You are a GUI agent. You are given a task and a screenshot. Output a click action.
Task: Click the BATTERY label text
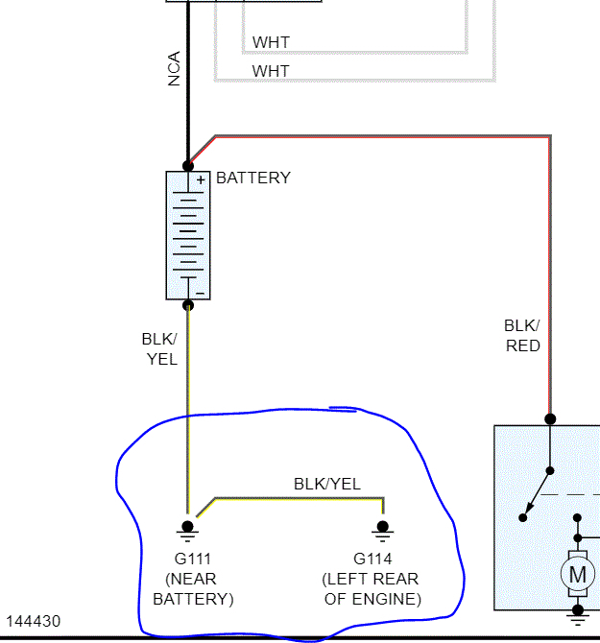(x=252, y=179)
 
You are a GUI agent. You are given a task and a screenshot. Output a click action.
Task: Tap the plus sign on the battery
(x=201, y=179)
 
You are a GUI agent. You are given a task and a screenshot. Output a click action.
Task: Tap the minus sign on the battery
(x=200, y=292)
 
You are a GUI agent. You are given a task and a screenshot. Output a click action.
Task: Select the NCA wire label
(x=174, y=68)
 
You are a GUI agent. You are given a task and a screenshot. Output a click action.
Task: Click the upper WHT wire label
(x=270, y=42)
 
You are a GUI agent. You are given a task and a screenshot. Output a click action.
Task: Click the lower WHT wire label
(x=270, y=71)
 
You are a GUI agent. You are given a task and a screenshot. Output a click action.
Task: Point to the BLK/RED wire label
(x=522, y=335)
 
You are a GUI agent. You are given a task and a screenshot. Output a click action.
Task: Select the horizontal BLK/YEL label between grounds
(x=327, y=484)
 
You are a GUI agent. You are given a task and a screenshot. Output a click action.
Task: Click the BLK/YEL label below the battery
(x=159, y=348)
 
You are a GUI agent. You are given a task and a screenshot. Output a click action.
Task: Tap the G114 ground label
(x=372, y=559)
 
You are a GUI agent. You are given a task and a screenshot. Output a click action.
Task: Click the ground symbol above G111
(x=188, y=529)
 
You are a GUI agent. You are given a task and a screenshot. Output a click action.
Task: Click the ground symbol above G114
(x=383, y=529)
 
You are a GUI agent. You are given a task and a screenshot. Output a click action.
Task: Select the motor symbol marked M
(x=578, y=574)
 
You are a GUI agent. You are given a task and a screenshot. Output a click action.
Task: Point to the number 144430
(x=34, y=622)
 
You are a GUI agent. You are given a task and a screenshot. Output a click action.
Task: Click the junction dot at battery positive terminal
(x=188, y=166)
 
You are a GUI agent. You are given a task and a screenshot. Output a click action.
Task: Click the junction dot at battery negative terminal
(x=188, y=305)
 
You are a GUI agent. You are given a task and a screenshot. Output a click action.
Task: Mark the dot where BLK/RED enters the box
(x=550, y=419)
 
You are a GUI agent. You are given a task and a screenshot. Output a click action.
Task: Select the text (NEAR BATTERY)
(x=193, y=589)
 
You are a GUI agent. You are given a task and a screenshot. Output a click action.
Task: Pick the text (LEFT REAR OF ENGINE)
(x=372, y=589)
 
